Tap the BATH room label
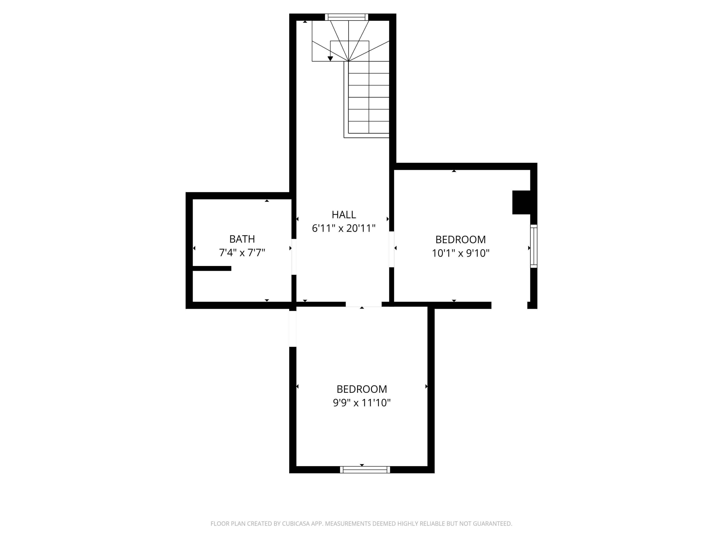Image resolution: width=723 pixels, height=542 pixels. pyautogui.click(x=242, y=239)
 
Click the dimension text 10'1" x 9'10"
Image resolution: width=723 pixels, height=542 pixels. pyautogui.click(x=461, y=253)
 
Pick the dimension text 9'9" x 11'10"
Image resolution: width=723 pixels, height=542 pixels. pyautogui.click(x=362, y=403)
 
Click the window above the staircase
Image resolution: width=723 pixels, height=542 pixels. pyautogui.click(x=347, y=17)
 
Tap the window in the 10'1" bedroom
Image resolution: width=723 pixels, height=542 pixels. pyautogui.click(x=533, y=246)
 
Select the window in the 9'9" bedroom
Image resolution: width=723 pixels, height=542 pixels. pyautogui.click(x=365, y=470)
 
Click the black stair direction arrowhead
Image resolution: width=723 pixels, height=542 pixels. pyautogui.click(x=330, y=59)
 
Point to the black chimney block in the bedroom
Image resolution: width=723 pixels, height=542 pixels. pyautogui.click(x=521, y=202)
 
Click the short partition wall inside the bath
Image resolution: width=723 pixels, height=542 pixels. pyautogui.click(x=212, y=269)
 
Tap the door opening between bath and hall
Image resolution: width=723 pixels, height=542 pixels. pyautogui.click(x=294, y=257)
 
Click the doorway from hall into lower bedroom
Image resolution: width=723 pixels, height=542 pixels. pyautogui.click(x=363, y=304)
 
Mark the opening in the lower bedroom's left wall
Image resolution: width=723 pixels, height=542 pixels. pyautogui.click(x=293, y=329)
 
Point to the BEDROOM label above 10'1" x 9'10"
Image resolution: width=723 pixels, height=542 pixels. pyautogui.click(x=461, y=239)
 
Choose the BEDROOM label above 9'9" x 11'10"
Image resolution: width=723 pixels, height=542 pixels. pyautogui.click(x=362, y=389)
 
